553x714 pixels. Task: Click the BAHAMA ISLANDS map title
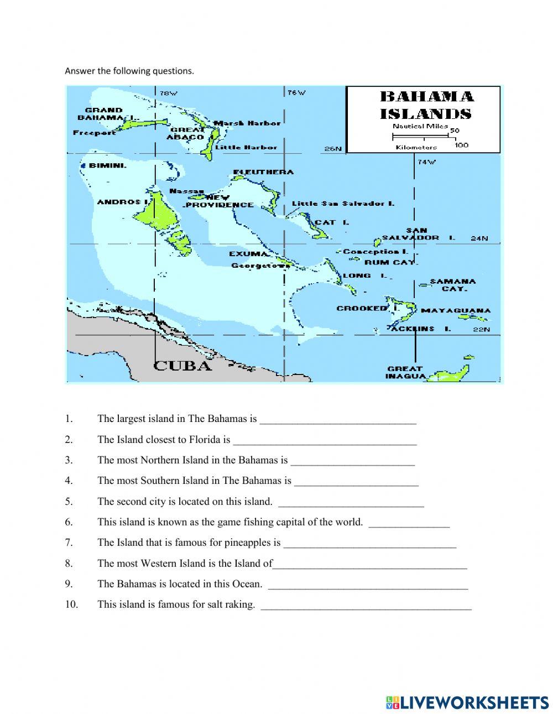(x=426, y=105)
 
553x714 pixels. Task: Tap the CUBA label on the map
(x=182, y=366)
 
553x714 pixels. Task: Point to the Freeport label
(x=95, y=133)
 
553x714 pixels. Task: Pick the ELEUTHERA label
(x=263, y=172)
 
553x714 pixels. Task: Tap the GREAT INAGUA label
(x=405, y=372)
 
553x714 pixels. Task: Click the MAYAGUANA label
(x=456, y=310)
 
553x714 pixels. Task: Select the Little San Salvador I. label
(x=343, y=204)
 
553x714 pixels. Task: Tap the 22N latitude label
(x=481, y=330)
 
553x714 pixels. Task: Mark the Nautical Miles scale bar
(x=424, y=133)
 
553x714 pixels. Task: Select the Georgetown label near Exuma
(x=260, y=265)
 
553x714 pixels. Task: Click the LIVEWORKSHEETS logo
(x=467, y=702)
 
